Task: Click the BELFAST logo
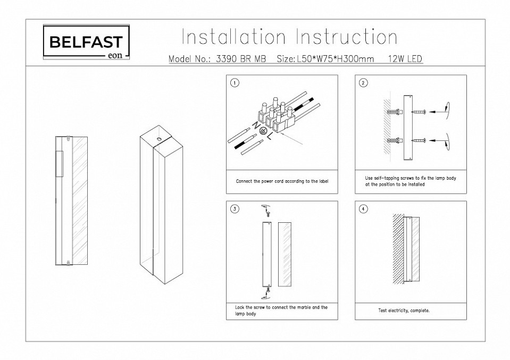coord(86,43)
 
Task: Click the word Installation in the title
coord(233,37)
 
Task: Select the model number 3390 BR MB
coord(242,59)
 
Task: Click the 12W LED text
coord(403,59)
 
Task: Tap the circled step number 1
coord(235,83)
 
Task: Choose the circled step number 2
coord(363,83)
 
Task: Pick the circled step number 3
coord(235,209)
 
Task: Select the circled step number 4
coord(363,209)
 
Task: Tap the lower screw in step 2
coord(419,140)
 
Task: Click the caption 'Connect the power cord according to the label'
coord(282,181)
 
